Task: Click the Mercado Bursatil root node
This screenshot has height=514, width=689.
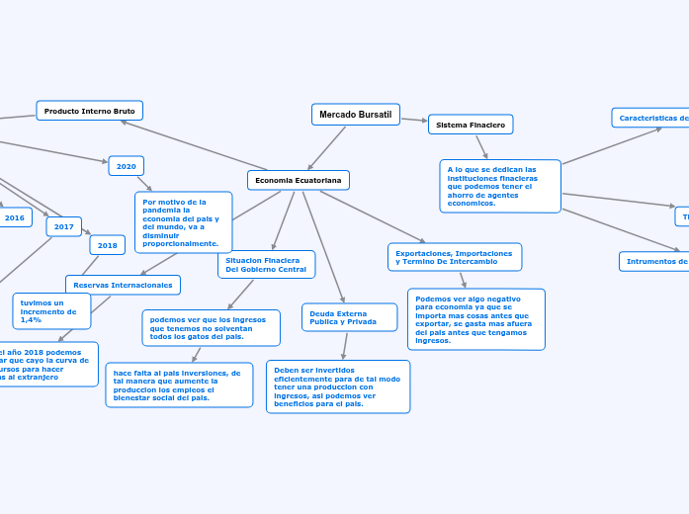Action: pyautogui.click(x=356, y=115)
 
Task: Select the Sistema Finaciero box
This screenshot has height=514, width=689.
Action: pyautogui.click(x=471, y=125)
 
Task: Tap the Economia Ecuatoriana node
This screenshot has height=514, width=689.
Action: pyautogui.click(x=299, y=180)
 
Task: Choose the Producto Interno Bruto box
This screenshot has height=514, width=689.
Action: pyautogui.click(x=90, y=111)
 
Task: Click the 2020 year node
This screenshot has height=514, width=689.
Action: pyautogui.click(x=127, y=166)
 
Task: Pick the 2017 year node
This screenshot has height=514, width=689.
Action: pyautogui.click(x=64, y=226)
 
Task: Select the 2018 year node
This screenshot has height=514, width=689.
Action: pyautogui.click(x=108, y=245)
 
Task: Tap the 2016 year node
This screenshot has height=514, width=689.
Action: pyautogui.click(x=15, y=217)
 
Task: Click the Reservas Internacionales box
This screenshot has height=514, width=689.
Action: pyautogui.click(x=123, y=285)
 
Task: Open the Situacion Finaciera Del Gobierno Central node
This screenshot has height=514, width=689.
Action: pyautogui.click(x=266, y=264)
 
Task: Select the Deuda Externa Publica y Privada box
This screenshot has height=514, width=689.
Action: pyautogui.click(x=349, y=317)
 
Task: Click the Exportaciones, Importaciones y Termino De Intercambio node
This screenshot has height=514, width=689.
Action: pyautogui.click(x=455, y=257)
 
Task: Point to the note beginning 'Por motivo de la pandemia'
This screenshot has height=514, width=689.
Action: pyautogui.click(x=183, y=222)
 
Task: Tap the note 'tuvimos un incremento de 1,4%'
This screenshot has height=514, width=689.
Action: pyautogui.click(x=51, y=310)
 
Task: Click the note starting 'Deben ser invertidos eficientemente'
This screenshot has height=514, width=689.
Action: pyautogui.click(x=338, y=386)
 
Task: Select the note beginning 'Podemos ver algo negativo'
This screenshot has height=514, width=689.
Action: pyautogui.click(x=475, y=318)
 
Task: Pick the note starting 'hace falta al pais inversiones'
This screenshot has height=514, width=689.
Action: pyautogui.click(x=179, y=385)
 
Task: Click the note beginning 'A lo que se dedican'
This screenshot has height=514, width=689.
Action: pyautogui.click(x=500, y=186)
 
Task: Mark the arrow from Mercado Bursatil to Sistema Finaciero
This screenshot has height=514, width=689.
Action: pyautogui.click(x=414, y=120)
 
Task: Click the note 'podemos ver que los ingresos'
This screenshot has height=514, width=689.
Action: pyautogui.click(x=211, y=328)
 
